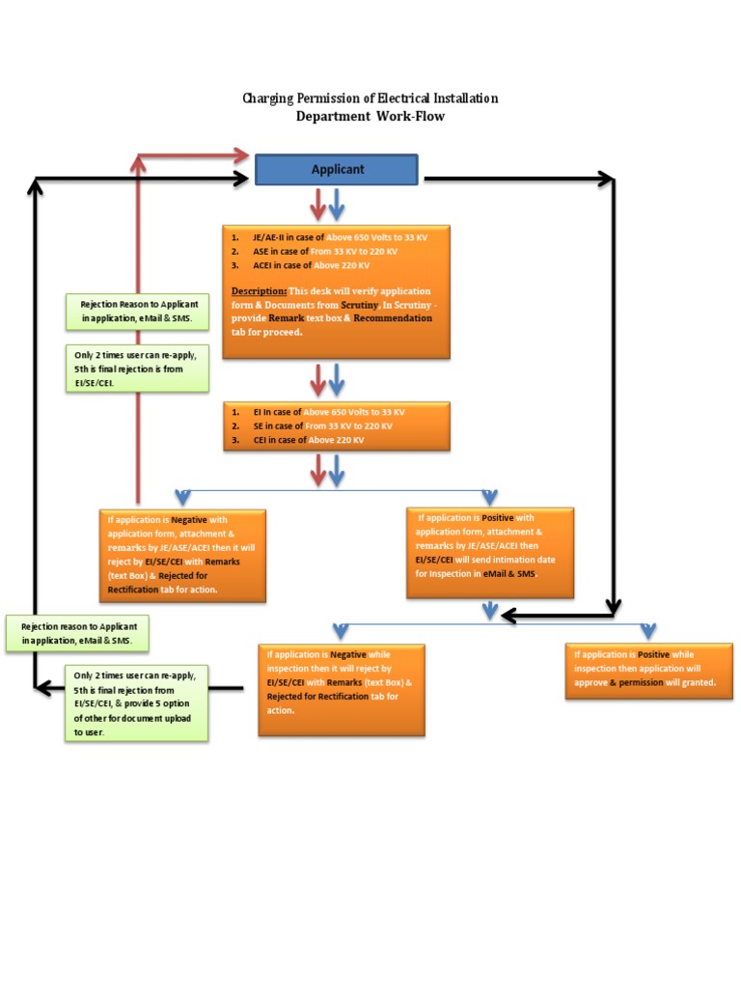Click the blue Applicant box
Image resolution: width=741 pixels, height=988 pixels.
point(336,169)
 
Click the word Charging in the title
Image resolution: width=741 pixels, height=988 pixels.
point(269,98)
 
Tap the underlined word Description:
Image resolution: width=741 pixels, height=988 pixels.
point(259,290)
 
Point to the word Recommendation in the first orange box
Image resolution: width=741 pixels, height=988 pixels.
point(395,317)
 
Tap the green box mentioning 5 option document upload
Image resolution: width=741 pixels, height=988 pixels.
point(137,703)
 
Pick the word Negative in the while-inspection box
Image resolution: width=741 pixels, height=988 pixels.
point(348,654)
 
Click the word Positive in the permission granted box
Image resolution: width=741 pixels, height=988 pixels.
point(655,654)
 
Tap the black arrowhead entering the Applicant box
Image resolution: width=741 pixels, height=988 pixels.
point(241,178)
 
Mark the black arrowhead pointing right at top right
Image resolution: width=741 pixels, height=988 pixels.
point(605,178)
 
